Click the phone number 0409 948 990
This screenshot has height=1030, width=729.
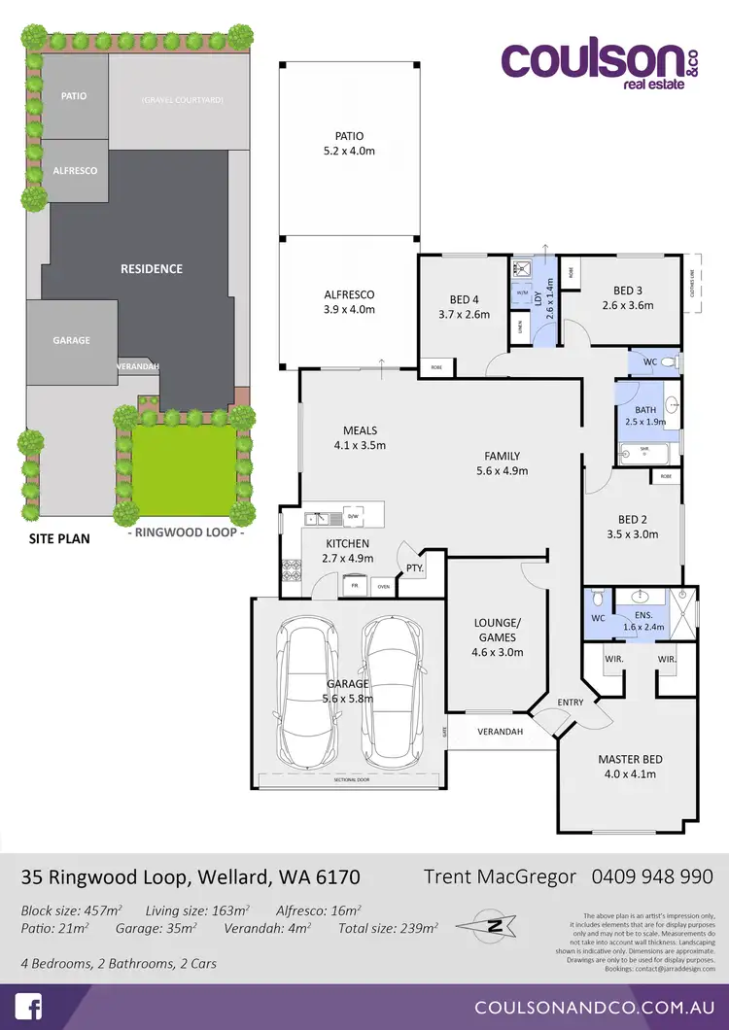tap(652, 876)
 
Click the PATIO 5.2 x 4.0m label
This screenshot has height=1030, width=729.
tap(348, 144)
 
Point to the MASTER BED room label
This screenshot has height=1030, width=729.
tap(627, 766)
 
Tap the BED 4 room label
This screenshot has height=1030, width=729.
tap(464, 306)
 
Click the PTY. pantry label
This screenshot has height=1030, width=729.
tap(414, 566)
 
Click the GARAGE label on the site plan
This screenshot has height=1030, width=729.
tap(71, 340)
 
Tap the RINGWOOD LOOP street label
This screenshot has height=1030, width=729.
tap(186, 533)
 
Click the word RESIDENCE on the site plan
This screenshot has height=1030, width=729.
tap(151, 268)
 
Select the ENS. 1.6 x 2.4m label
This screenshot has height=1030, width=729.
tap(642, 620)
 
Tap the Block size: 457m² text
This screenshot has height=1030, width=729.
tap(71, 910)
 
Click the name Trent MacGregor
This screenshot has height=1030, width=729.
tap(500, 876)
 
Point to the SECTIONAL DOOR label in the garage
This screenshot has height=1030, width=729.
tap(351, 779)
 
